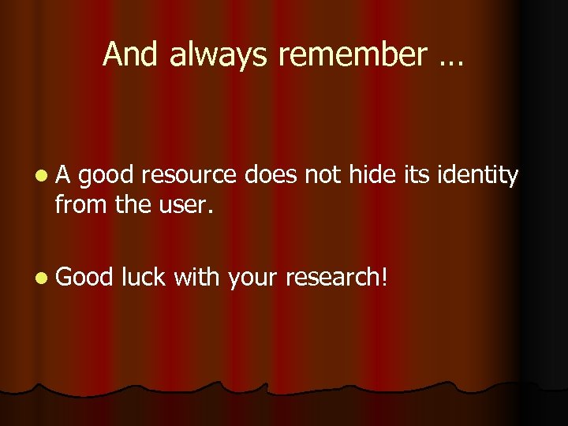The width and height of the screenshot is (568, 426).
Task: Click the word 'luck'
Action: pyautogui.click(x=144, y=277)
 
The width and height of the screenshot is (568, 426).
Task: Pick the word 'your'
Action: pyautogui.click(x=254, y=278)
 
